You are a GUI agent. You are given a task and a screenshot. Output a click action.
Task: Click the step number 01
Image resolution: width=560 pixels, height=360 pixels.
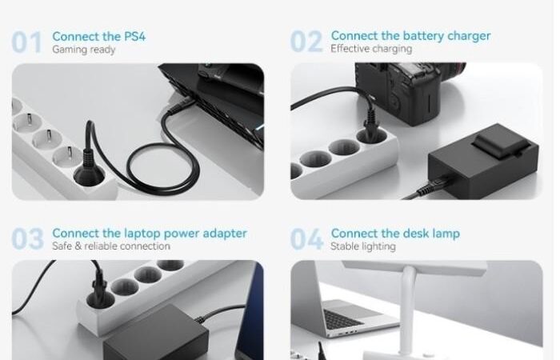click(26, 42)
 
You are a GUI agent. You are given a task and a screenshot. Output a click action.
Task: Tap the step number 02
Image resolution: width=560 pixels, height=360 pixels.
click(306, 42)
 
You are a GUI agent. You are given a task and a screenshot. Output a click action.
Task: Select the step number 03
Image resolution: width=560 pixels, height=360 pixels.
click(27, 238)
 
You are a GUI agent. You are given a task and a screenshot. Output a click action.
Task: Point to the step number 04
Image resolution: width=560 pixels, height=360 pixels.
click(306, 238)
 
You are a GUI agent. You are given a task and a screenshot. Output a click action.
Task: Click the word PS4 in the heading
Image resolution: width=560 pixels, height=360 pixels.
click(134, 37)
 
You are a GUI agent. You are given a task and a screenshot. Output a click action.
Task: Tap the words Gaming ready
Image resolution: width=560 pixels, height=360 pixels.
click(83, 50)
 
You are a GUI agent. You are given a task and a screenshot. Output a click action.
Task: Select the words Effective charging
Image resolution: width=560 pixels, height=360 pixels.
click(371, 49)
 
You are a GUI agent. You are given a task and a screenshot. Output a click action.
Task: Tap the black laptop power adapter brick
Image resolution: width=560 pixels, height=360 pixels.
click(156, 334)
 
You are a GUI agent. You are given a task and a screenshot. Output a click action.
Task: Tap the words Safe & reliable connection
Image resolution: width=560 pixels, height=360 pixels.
click(111, 246)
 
